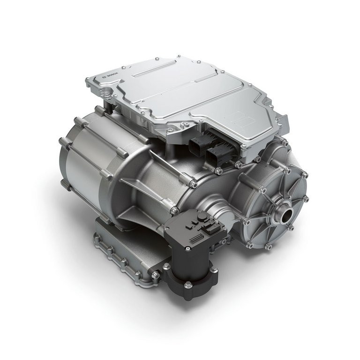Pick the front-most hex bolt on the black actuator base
[188, 285]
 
